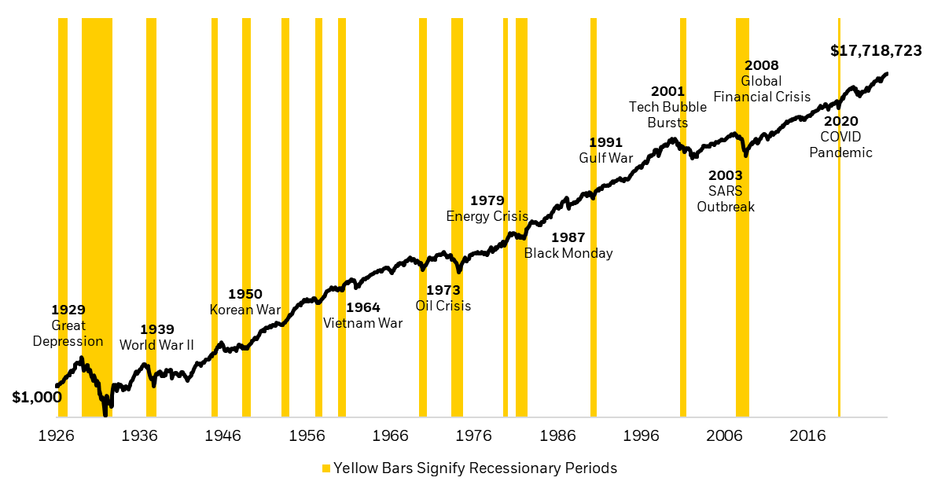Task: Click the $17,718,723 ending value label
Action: click(x=876, y=51)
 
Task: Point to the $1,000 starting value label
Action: click(x=36, y=398)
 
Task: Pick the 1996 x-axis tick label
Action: click(x=641, y=436)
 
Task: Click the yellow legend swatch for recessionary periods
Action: click(x=325, y=468)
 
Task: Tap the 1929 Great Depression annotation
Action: click(x=68, y=325)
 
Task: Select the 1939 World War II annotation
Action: click(x=156, y=337)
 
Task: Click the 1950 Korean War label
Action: click(x=245, y=302)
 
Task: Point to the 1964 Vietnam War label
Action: click(x=362, y=315)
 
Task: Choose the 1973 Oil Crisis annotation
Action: click(x=443, y=298)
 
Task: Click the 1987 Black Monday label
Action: click(x=568, y=245)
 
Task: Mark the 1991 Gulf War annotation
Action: click(x=605, y=150)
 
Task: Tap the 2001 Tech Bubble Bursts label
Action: click(x=667, y=107)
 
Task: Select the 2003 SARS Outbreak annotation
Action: click(x=725, y=191)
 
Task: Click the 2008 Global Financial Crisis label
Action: click(x=761, y=81)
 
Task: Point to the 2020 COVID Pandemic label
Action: click(x=840, y=137)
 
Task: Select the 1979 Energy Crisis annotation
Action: click(x=487, y=208)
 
